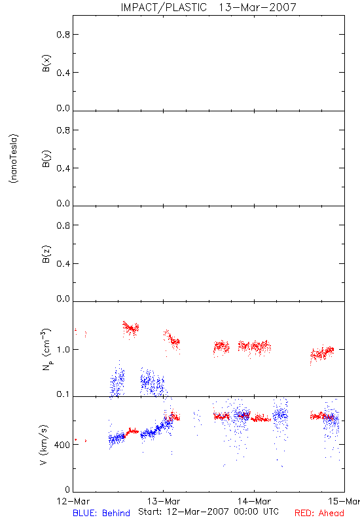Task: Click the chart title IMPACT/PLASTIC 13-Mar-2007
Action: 208,7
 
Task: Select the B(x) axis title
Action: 46,63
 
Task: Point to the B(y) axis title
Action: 46,159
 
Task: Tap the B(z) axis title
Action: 46,254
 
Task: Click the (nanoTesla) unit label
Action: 14,159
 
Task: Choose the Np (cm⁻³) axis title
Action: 46,349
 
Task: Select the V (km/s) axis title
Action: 44,445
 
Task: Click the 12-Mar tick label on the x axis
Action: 73,501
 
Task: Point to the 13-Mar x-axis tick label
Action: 164,501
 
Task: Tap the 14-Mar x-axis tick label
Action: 254,501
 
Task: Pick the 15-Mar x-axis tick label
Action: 344,501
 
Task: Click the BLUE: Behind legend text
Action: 101,513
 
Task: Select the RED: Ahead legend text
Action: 319,513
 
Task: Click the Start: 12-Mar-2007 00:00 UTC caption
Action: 208,512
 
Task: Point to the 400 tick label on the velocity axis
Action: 62,445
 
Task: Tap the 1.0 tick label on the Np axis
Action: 63,350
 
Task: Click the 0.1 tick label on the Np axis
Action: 63,394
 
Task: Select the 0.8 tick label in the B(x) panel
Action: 63,35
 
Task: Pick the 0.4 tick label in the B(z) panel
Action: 63,264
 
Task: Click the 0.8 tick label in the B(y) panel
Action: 63,130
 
